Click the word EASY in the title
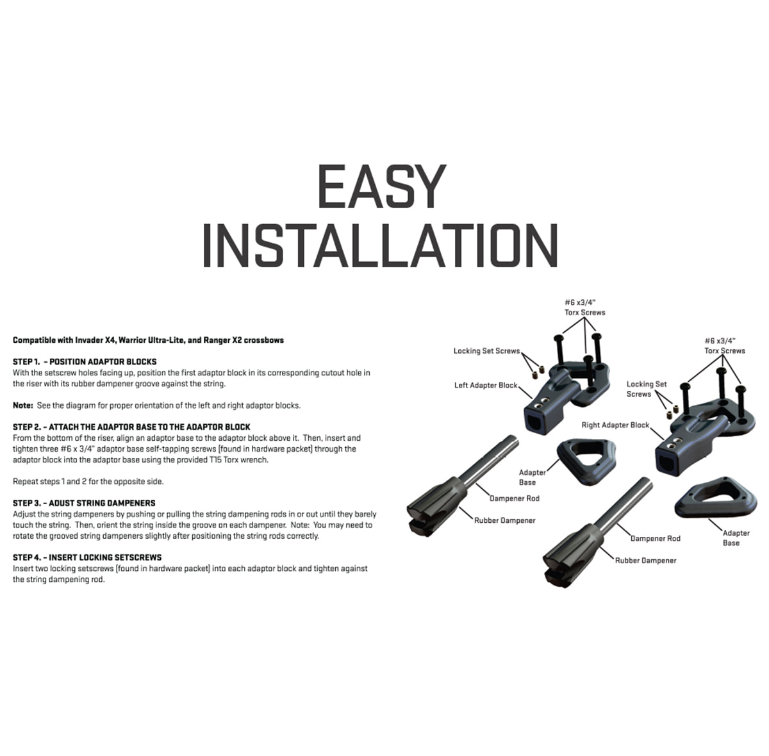pyautogui.click(x=381, y=186)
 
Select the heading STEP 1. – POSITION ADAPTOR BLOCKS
pyautogui.click(x=85, y=361)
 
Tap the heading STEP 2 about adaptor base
pyautogui.click(x=131, y=427)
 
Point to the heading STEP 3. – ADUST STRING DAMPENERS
pyautogui.click(x=84, y=503)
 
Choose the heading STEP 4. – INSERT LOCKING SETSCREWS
pyautogui.click(x=87, y=557)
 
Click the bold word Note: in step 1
pyautogui.click(x=22, y=405)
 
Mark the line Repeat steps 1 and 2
pyautogui.click(x=88, y=481)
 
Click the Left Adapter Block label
pyautogui.click(x=486, y=385)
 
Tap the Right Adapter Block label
pyautogui.click(x=615, y=425)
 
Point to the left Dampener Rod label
pyautogui.click(x=515, y=498)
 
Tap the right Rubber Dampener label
pyautogui.click(x=646, y=561)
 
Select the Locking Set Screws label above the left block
pyautogui.click(x=487, y=351)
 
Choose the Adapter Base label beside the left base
pyautogui.click(x=533, y=477)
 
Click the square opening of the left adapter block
pyautogui.click(x=535, y=423)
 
